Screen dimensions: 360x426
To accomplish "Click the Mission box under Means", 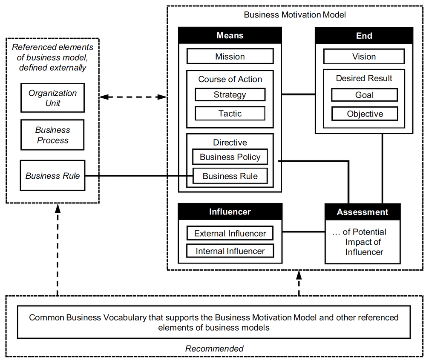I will [x=230, y=57].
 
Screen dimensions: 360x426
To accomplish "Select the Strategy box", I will [x=230, y=94].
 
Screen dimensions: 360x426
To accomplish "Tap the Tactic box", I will [x=230, y=114].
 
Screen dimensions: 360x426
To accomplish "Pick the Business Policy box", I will [x=230, y=157].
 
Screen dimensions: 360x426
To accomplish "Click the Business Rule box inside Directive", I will [x=230, y=176].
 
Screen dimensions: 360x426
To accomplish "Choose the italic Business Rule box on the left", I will [x=53, y=176].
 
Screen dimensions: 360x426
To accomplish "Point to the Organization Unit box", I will [x=53, y=98].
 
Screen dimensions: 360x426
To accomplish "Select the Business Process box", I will [x=53, y=135].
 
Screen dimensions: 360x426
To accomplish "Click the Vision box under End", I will [x=364, y=57].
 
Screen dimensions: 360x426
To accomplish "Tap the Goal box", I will [x=364, y=95].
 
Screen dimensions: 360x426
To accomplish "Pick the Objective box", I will [x=364, y=114].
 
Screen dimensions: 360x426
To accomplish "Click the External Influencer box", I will [x=230, y=233].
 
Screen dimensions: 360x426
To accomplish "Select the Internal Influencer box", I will [x=230, y=251].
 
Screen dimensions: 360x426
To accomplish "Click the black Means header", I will [x=230, y=36].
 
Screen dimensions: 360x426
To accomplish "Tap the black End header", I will [x=364, y=36].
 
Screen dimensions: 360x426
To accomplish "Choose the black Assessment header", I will [x=363, y=212].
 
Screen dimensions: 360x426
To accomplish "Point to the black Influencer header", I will [x=230, y=211].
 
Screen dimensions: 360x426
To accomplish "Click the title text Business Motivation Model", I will [x=295, y=15].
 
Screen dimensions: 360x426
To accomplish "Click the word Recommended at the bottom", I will [x=214, y=349].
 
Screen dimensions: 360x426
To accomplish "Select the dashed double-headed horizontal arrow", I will [x=132, y=97].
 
